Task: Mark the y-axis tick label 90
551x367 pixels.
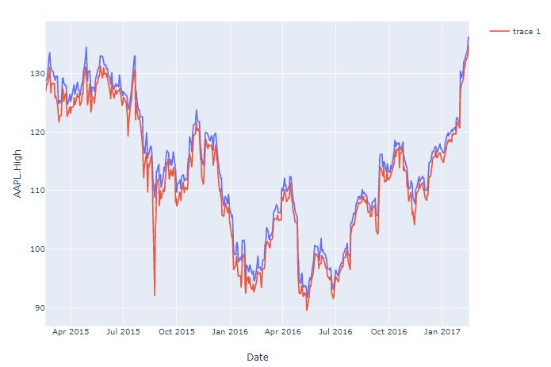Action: tap(36, 308)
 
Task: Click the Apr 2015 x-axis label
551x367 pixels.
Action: tap(71, 331)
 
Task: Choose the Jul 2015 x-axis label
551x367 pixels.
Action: tap(123, 331)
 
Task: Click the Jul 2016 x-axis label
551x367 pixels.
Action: tap(335, 331)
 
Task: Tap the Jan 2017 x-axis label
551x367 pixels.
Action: tap(442, 331)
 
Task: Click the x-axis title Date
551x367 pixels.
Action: tap(258, 357)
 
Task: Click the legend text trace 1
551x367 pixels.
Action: tap(526, 31)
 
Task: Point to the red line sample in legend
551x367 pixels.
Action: tap(499, 31)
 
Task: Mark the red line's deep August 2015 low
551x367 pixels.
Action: tap(155, 296)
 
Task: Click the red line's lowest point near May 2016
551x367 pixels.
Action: tap(307, 309)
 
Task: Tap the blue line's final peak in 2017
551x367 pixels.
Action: tap(468, 37)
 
